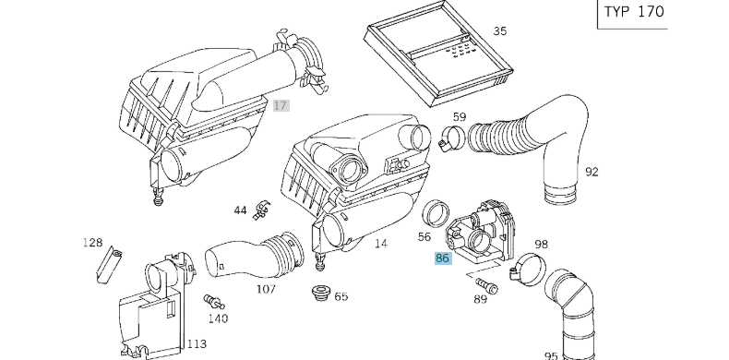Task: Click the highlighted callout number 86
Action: point(443,258)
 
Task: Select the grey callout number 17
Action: point(281,105)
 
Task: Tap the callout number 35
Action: point(500,31)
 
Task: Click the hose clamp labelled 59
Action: point(451,138)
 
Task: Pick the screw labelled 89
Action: point(487,283)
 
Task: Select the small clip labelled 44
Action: point(263,210)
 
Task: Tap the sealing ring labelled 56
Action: point(436,213)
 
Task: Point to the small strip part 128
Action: point(108,265)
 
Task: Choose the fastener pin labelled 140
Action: point(214,302)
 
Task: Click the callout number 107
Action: point(267,289)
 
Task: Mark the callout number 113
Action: point(197,344)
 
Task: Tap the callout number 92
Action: point(592,172)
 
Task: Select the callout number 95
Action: point(551,356)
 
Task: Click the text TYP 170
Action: point(634,12)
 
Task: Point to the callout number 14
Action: point(381,244)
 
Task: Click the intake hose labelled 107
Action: point(255,255)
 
